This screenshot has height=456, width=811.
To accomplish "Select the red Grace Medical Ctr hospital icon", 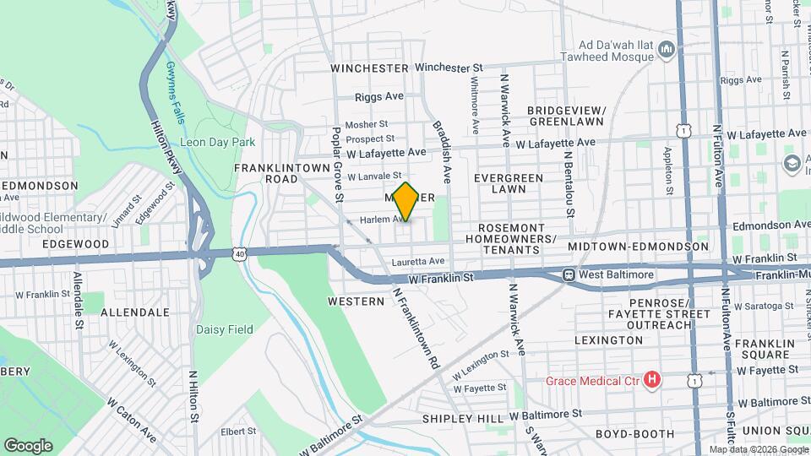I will pyautogui.click(x=651, y=381).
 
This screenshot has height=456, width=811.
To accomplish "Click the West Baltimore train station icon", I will pyautogui.click(x=569, y=274).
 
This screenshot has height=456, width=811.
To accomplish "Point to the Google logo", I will pyautogui.click(x=28, y=445).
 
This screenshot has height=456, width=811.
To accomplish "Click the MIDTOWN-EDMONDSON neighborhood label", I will pyautogui.click(x=638, y=246).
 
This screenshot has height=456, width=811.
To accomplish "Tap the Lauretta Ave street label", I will pyautogui.click(x=417, y=261).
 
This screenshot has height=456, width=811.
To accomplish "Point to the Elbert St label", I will pyautogui.click(x=238, y=431).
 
